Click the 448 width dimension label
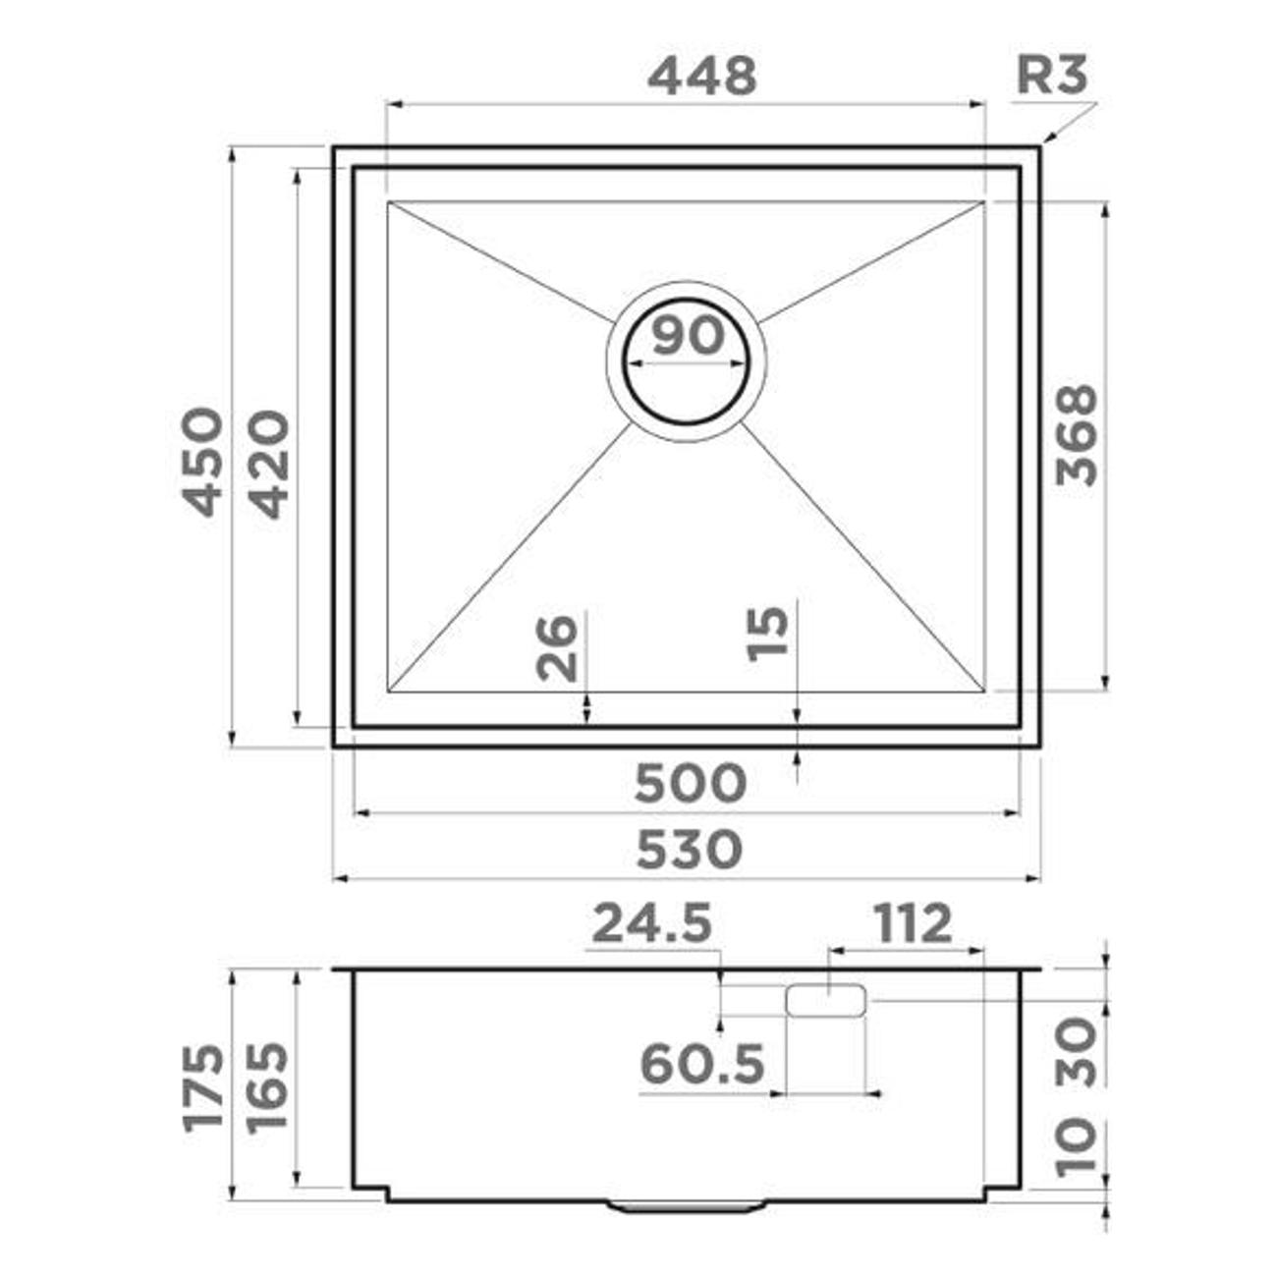click(x=701, y=76)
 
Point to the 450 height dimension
click(x=202, y=463)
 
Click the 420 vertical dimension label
click(x=271, y=464)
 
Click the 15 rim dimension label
click(x=767, y=635)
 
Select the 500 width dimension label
click(x=691, y=783)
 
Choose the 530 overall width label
click(x=689, y=850)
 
